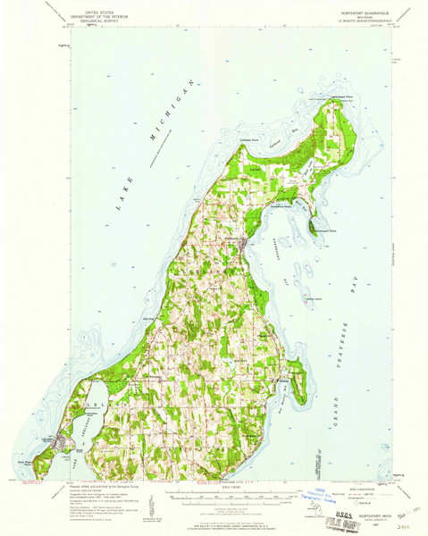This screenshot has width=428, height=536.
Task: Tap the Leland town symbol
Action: [x=61, y=440]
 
